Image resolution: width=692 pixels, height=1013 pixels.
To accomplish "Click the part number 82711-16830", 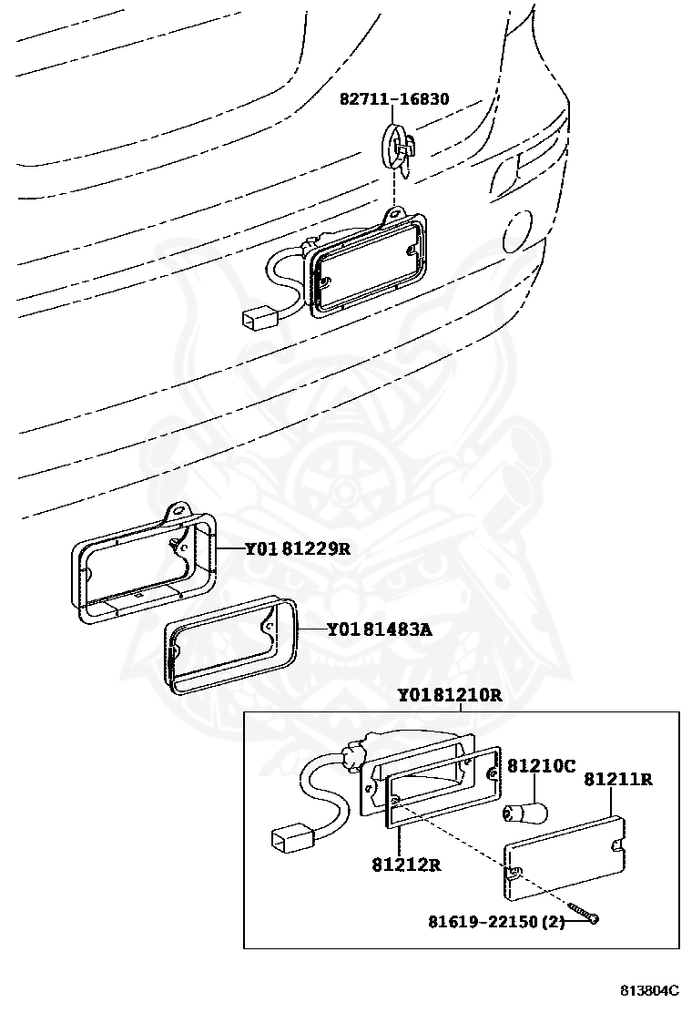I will point(394,98).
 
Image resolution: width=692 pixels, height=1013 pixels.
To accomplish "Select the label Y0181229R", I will point(298,548).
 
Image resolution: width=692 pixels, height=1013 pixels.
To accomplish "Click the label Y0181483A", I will point(379,629).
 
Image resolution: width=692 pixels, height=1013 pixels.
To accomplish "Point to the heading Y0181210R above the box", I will point(449,695).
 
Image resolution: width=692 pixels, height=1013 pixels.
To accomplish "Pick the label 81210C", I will point(541,766).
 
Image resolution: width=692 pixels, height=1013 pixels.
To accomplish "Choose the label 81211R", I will point(618,779).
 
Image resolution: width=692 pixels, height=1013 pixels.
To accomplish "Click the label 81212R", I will point(405,864).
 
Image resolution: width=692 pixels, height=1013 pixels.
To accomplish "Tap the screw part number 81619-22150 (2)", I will point(497,922).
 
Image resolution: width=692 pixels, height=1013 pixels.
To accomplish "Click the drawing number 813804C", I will point(650,990).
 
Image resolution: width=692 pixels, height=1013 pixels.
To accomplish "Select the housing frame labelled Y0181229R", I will point(146,565).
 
